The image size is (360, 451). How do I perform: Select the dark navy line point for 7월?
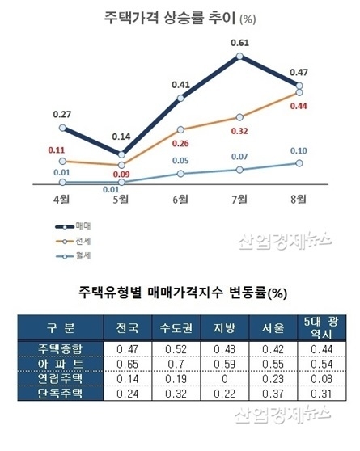coord(239,57)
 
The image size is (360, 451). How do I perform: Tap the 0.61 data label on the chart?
coord(239,42)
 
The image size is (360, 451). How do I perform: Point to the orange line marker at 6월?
coord(180,129)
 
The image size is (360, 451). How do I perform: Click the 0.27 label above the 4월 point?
coord(62,114)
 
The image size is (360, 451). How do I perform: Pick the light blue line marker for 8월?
coord(299,162)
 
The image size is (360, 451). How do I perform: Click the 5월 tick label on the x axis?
coord(121,199)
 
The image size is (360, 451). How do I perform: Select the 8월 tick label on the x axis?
coord(299,199)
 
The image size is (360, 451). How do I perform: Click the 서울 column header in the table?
coord(273,327)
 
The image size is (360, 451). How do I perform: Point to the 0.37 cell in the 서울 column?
coord(273,394)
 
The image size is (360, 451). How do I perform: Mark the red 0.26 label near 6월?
coord(180,143)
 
